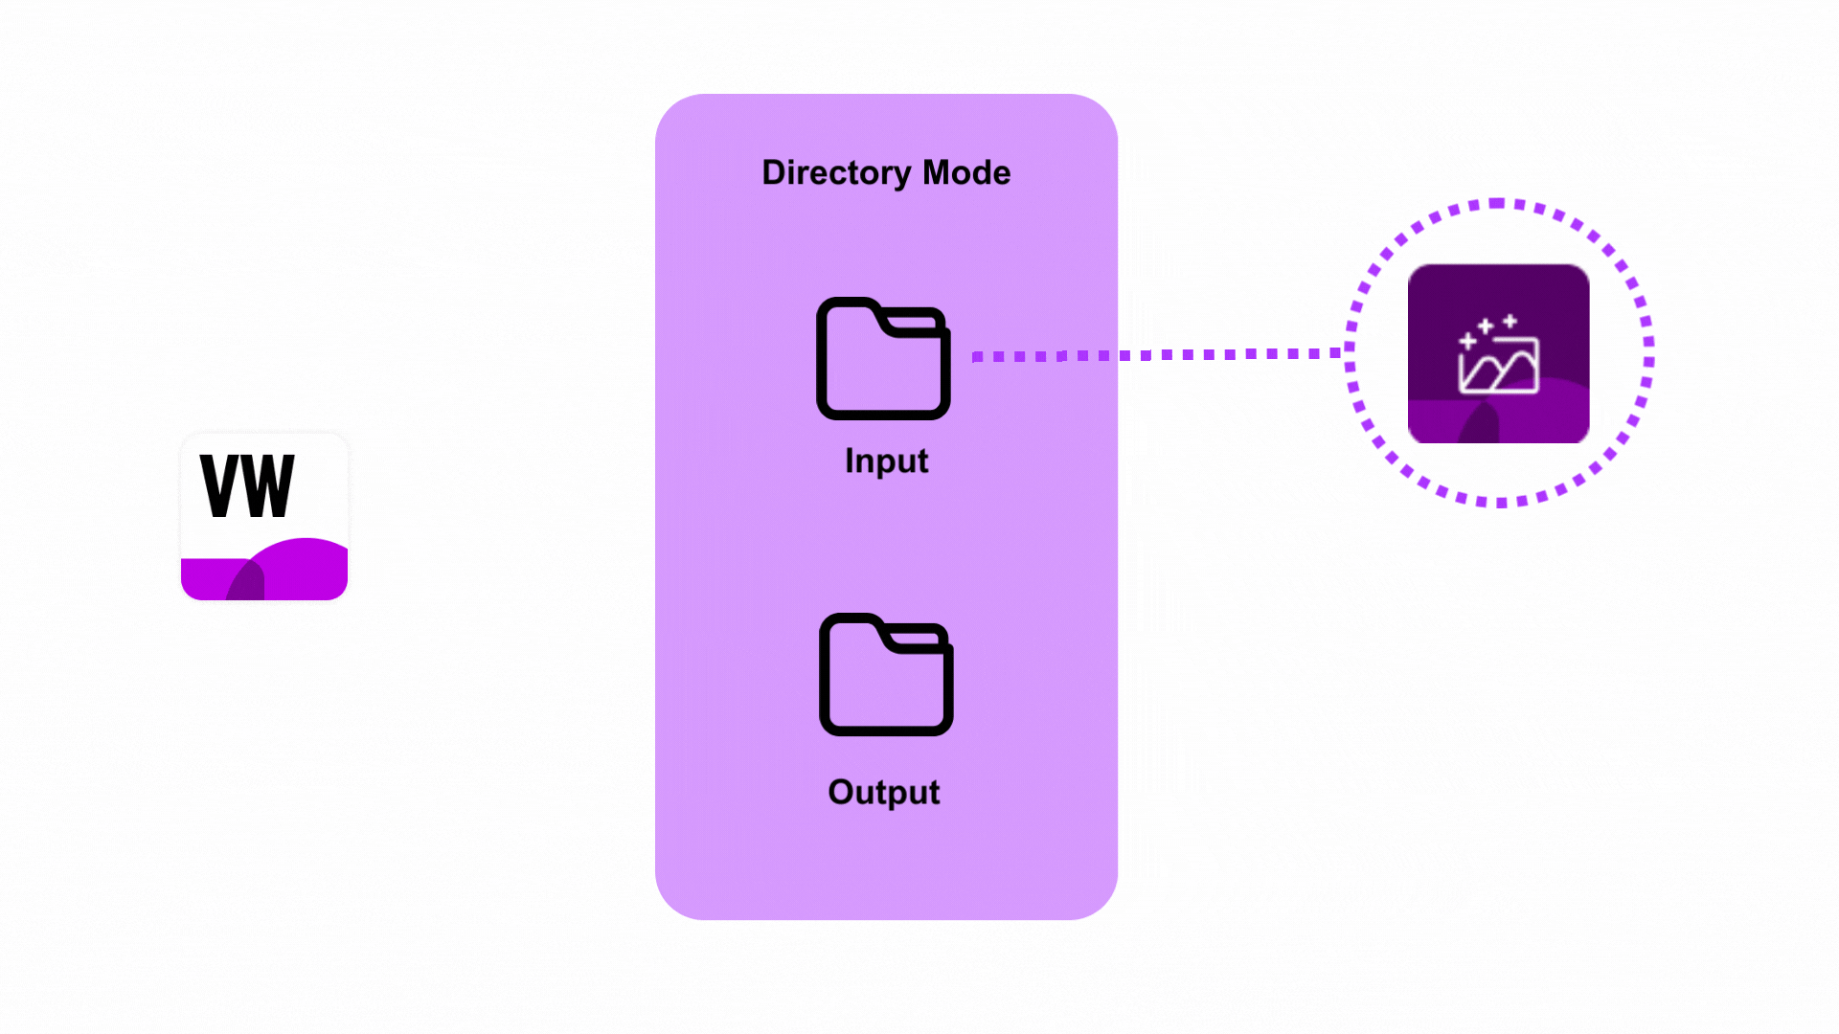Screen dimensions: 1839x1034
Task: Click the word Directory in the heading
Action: coord(836,173)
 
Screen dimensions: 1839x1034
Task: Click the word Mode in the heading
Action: coord(966,172)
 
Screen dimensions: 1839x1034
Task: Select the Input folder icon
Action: coord(883,358)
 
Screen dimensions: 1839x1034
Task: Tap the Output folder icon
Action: coord(886,674)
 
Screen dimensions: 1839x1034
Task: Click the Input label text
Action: coord(887,461)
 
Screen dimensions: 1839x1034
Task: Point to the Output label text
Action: coord(884,793)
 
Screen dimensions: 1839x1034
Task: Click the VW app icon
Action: coord(264,517)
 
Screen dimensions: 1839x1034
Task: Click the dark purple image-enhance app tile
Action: coord(1499,353)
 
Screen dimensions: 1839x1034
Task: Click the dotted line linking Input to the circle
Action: coord(1157,355)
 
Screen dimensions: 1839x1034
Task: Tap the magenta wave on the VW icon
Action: coord(264,570)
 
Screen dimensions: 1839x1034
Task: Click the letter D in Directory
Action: coord(773,172)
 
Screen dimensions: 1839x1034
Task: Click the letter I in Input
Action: coord(849,461)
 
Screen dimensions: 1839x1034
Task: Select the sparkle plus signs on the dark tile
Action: coord(1487,328)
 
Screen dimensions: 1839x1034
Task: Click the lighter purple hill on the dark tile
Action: coord(1532,412)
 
